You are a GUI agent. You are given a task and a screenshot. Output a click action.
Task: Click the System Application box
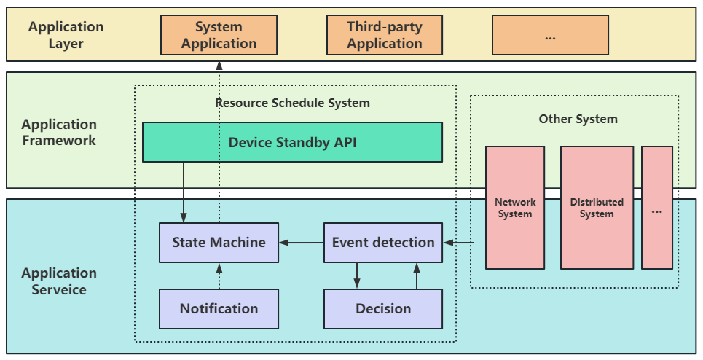tap(219, 36)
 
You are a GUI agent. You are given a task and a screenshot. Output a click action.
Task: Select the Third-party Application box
tap(384, 36)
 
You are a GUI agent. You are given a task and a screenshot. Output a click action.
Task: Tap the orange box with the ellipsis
tap(550, 36)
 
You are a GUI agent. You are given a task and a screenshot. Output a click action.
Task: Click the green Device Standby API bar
tap(292, 142)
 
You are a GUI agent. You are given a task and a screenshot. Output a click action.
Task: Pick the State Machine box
tap(219, 243)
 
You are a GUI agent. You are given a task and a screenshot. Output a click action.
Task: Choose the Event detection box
tap(383, 243)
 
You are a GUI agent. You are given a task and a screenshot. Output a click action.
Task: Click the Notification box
tap(219, 308)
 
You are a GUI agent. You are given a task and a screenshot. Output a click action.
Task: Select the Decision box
tap(383, 308)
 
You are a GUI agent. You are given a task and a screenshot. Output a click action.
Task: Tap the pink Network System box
tap(515, 208)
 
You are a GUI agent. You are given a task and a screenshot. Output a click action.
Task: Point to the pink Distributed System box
tap(597, 208)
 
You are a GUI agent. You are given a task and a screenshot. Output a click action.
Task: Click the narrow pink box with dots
tap(657, 208)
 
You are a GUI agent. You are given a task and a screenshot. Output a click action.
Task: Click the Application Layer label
tap(66, 35)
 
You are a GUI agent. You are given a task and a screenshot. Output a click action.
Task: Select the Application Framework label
tap(59, 133)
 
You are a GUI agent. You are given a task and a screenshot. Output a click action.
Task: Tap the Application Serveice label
tap(59, 281)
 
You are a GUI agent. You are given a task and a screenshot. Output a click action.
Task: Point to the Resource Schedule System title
tap(292, 103)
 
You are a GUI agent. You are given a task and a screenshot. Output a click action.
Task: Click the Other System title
tap(578, 119)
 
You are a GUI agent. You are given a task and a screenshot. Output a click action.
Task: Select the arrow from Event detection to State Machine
tap(302, 243)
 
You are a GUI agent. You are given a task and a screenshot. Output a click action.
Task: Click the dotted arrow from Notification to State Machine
tap(219, 276)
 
